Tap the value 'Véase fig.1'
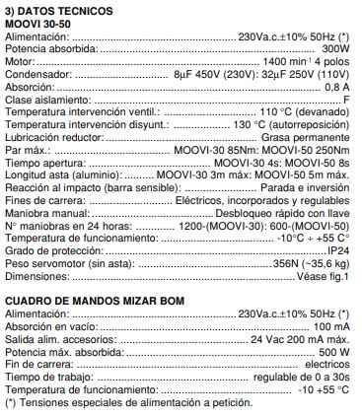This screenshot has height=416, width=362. click(322, 276)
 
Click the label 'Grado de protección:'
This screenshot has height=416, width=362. click(54, 250)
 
